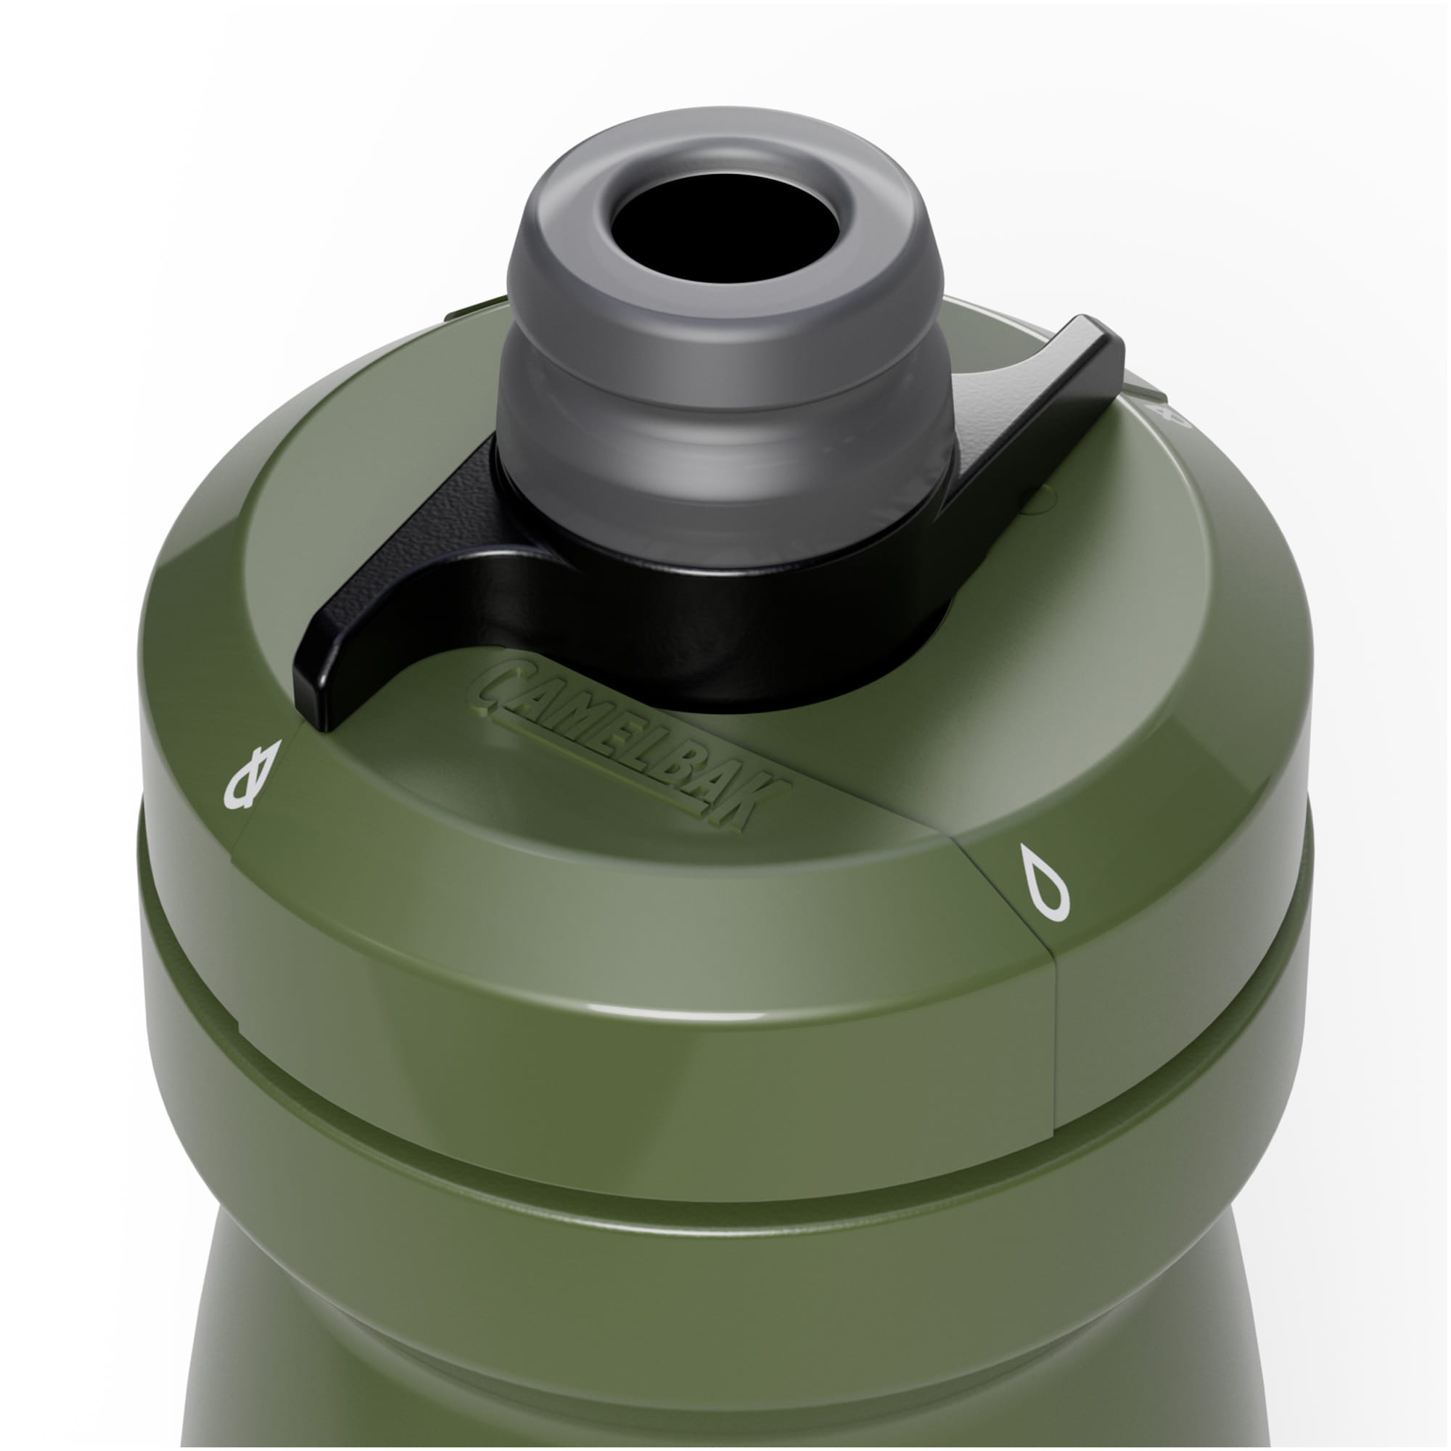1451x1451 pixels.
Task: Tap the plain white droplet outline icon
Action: click(1044, 881)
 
